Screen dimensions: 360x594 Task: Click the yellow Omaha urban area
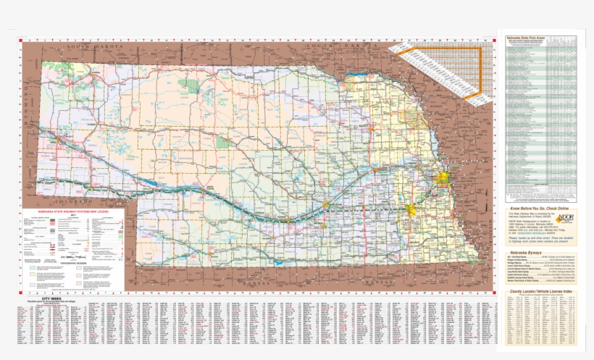[x=442, y=178]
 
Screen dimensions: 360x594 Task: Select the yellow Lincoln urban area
[x=412, y=211]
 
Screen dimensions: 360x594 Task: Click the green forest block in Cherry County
[x=191, y=86]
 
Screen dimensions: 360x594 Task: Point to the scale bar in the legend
[x=72, y=255]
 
